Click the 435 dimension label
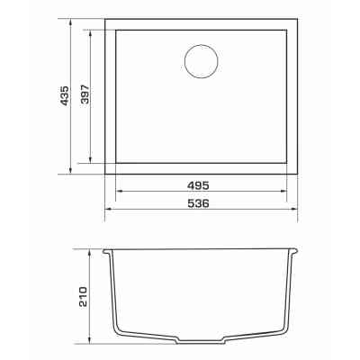click(x=64, y=95)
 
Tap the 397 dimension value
click(x=85, y=94)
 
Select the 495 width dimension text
click(x=198, y=185)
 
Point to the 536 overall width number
click(x=198, y=203)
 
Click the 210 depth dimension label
click(x=83, y=297)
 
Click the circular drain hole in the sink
click(x=202, y=62)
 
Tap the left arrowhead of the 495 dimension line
click(x=119, y=191)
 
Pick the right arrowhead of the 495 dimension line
click(x=283, y=191)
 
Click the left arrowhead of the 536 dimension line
click(x=108, y=209)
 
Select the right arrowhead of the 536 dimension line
click(x=293, y=209)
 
